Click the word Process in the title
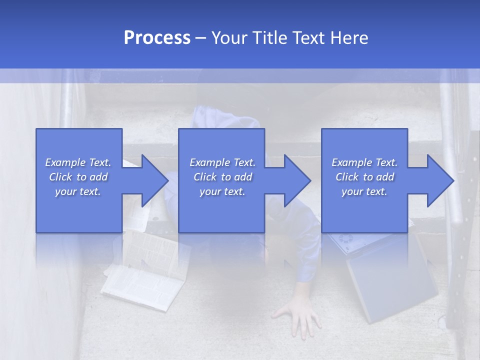pos(157,38)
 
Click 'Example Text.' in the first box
pos(78,162)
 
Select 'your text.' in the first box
pos(78,191)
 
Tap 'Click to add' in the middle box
pos(222,177)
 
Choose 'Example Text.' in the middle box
pos(222,162)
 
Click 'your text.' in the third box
pos(364,191)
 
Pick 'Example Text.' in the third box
pos(364,162)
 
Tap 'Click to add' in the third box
pos(364,177)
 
